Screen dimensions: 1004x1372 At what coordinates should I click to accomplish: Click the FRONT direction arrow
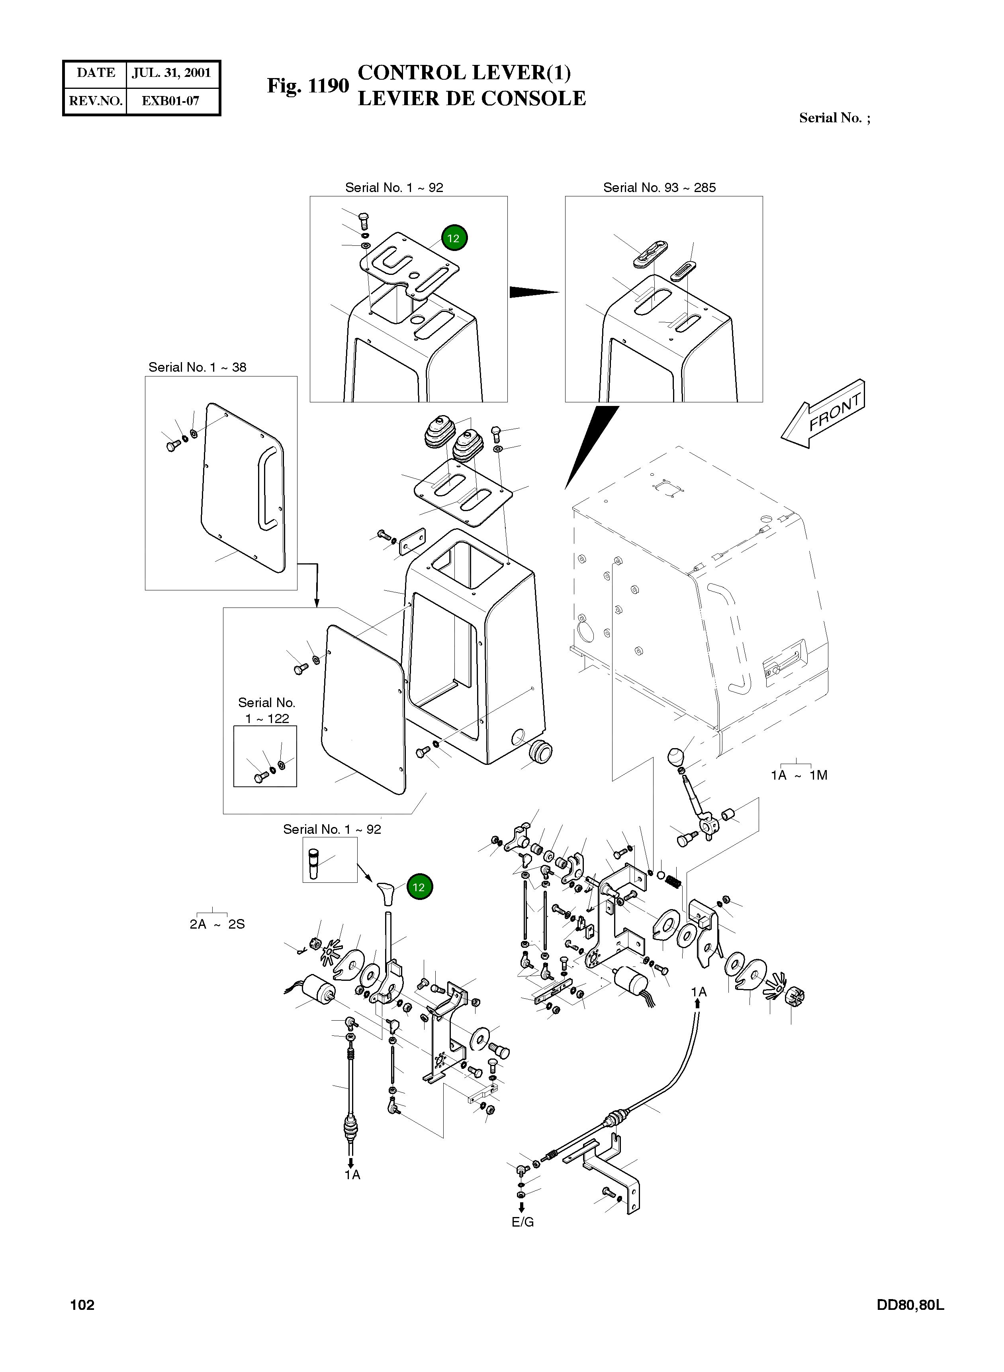(x=822, y=414)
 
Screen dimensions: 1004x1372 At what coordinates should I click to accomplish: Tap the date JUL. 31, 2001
(x=171, y=73)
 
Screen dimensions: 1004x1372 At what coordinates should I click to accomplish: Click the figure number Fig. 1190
(x=308, y=86)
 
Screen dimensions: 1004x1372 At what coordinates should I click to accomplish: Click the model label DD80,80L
(x=910, y=1305)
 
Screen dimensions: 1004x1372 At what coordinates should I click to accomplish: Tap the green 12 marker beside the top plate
(x=453, y=238)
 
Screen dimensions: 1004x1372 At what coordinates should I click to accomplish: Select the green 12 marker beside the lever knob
(x=419, y=888)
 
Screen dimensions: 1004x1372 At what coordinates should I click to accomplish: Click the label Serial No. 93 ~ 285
(x=660, y=188)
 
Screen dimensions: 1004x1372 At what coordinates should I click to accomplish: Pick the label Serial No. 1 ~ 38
(x=198, y=367)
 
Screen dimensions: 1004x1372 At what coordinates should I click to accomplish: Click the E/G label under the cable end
(x=522, y=1222)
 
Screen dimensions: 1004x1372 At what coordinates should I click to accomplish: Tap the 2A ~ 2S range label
(x=217, y=924)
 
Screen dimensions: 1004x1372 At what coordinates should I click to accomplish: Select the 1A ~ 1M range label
(x=799, y=775)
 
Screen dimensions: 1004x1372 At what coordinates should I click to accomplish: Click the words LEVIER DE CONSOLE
(x=472, y=98)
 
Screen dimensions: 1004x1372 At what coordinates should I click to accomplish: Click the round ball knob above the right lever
(x=676, y=758)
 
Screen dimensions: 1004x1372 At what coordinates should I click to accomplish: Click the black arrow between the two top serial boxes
(x=534, y=292)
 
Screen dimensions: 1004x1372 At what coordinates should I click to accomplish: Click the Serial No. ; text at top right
(x=834, y=118)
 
